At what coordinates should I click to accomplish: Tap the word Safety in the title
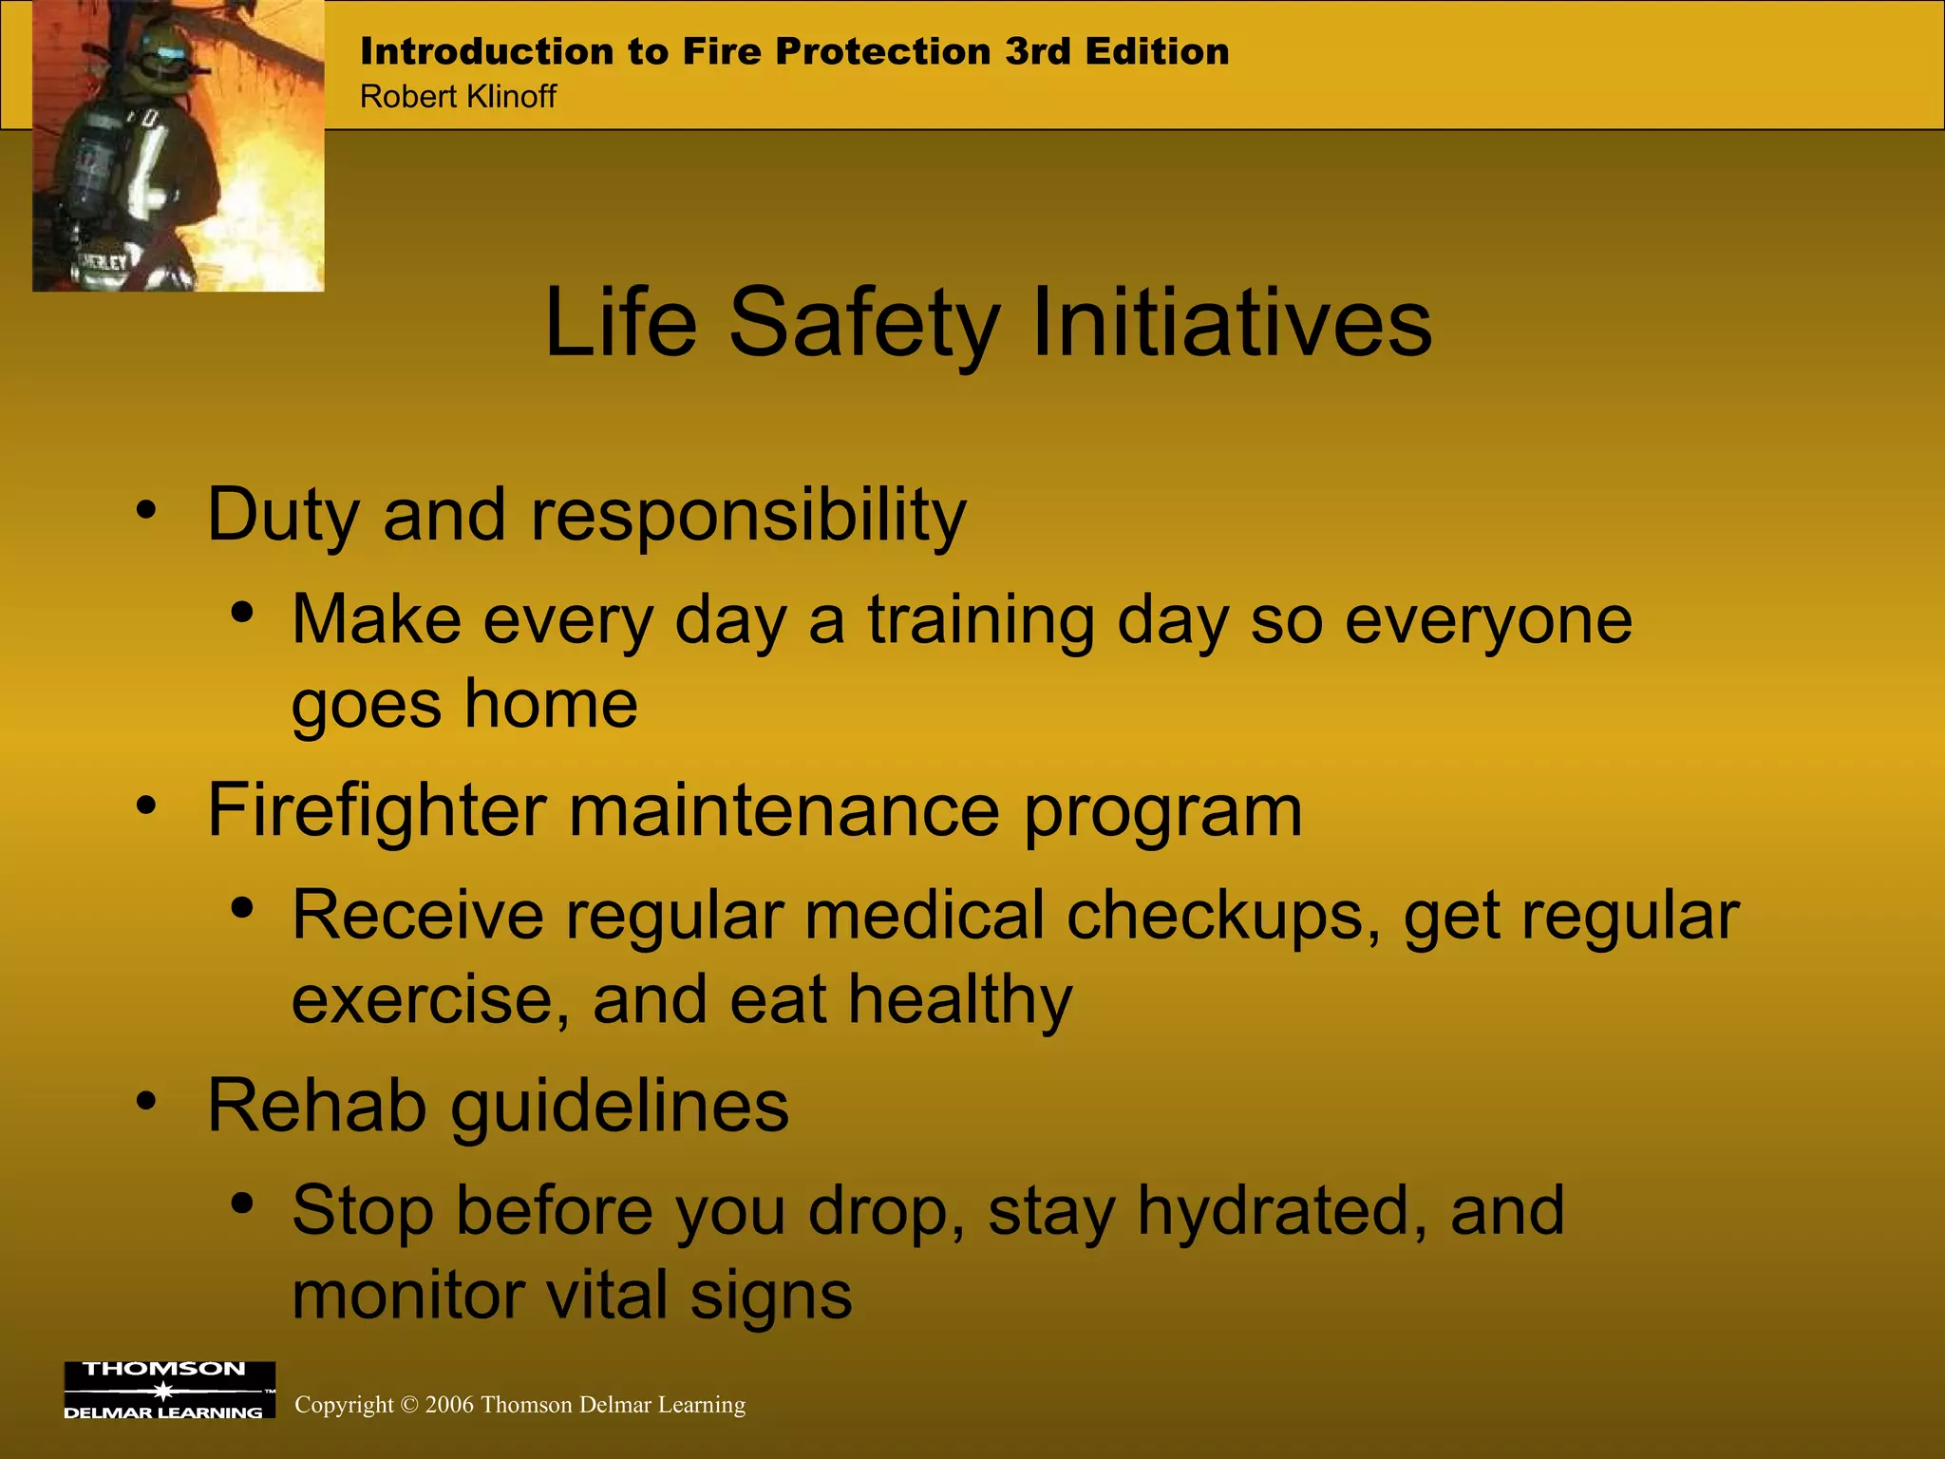(x=864, y=325)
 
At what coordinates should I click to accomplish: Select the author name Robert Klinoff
(x=458, y=97)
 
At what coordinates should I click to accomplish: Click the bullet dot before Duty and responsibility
(x=145, y=510)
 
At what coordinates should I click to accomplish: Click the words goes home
(x=464, y=706)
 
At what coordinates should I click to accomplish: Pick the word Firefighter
(x=377, y=812)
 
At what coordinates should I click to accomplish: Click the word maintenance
(x=784, y=812)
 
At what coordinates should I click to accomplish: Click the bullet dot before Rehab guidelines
(x=145, y=1102)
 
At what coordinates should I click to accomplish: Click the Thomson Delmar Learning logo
(x=169, y=1391)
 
